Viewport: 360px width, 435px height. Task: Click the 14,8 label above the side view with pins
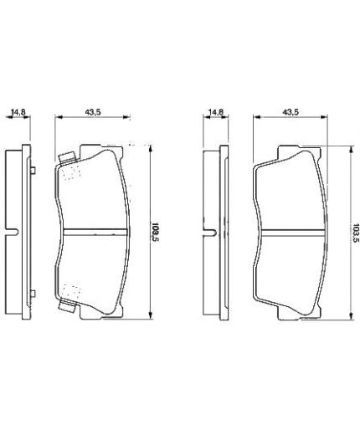pyautogui.click(x=18, y=112)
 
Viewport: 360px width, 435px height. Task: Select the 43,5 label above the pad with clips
pyautogui.click(x=93, y=112)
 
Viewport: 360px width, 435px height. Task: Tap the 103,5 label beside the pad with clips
pyautogui.click(x=154, y=233)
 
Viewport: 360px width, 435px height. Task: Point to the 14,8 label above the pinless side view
pyautogui.click(x=216, y=112)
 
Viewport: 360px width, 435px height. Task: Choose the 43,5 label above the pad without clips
pyautogui.click(x=291, y=112)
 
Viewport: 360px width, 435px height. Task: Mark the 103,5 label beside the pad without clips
pyautogui.click(x=355, y=233)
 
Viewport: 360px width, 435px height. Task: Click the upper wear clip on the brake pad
pyautogui.click(x=68, y=158)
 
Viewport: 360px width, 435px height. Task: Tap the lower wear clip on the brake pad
pyautogui.click(x=68, y=307)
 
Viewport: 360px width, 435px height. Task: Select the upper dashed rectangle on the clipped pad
pyautogui.click(x=72, y=172)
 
